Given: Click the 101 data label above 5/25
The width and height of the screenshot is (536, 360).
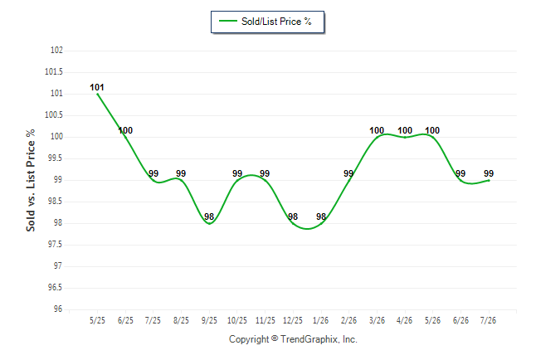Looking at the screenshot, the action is [97, 87].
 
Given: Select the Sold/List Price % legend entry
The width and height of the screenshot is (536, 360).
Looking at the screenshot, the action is [266, 22].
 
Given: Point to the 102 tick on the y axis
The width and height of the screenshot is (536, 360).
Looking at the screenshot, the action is [56, 50].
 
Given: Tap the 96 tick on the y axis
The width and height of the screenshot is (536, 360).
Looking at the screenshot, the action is [58, 309].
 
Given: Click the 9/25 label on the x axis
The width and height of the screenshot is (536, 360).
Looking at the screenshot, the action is [209, 320].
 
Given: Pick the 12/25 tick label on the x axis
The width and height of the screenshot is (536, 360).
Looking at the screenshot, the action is [293, 320].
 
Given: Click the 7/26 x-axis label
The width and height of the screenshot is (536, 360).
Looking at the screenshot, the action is [488, 320].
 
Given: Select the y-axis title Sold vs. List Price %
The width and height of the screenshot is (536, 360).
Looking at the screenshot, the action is [31, 180].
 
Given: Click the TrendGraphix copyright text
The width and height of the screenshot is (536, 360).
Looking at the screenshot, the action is [293, 339].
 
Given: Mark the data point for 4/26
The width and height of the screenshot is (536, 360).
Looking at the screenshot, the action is [405, 137].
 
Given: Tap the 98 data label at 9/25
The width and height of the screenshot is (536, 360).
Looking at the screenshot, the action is [209, 216].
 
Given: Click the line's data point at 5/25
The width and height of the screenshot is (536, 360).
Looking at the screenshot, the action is [97, 94].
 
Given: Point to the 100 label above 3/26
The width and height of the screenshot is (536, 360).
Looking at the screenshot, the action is [377, 130].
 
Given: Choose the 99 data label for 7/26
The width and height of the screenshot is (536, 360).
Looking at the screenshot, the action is [489, 173].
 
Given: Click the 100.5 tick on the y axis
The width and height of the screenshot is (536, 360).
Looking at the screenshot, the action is [54, 114].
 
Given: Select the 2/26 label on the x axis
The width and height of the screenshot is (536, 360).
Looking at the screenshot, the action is [348, 320].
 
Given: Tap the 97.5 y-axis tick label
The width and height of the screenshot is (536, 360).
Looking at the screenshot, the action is [56, 244].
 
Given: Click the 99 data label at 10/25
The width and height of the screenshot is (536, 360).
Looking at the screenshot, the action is [237, 173].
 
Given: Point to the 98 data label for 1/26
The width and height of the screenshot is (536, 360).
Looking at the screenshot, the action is [321, 216].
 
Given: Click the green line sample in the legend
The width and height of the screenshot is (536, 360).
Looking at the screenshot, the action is [228, 21].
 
